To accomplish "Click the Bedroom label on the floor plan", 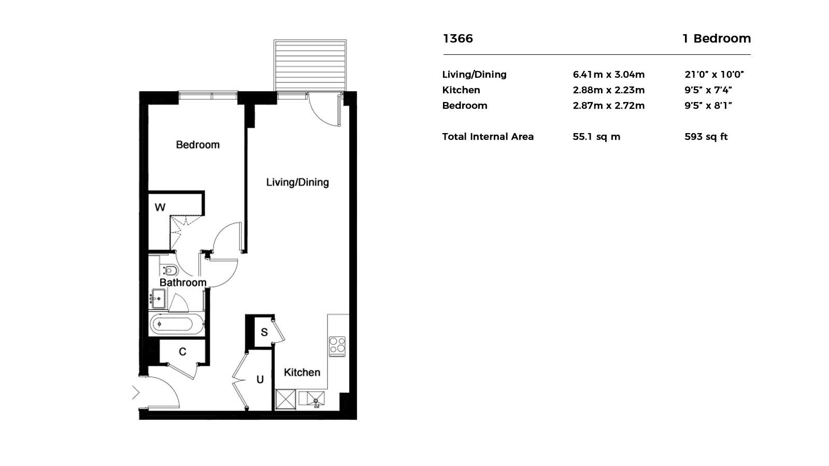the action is point(197,144).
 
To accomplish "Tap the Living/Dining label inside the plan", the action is point(297,182).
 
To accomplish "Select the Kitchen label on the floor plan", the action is point(302,372).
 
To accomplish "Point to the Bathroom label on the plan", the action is point(183,283).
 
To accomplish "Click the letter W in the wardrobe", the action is point(160,208).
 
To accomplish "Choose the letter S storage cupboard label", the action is point(264,332).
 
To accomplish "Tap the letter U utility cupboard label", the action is point(260,380).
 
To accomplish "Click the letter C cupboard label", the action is point(182,352).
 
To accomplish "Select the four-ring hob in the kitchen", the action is point(337,346).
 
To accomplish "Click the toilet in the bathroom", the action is point(169,271).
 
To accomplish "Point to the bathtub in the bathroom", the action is point(177,325).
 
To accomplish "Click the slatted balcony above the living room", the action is point(310,65).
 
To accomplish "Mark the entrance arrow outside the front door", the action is point(136,393).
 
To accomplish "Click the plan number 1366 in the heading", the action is point(458,38).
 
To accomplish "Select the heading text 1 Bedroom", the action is point(717,38).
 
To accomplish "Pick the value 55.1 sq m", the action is point(596,137).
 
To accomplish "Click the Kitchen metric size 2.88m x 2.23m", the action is point(608,90).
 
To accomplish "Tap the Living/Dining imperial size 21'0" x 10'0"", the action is point(714,75).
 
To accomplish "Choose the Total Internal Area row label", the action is point(488,137).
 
